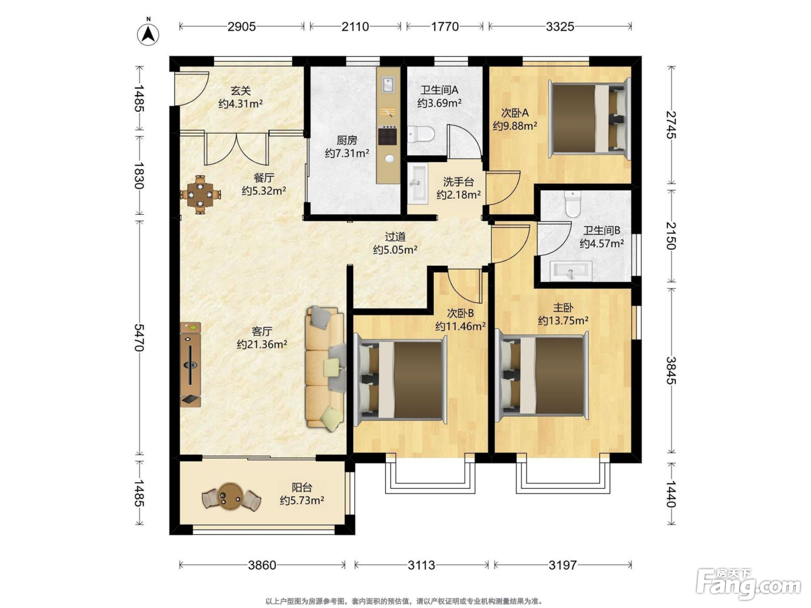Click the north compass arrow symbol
point(148,34)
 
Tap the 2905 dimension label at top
point(242,27)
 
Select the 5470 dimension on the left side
point(139,338)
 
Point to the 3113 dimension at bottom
point(421,565)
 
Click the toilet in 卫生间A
point(421,134)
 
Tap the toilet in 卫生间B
point(573,204)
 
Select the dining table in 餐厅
point(200,195)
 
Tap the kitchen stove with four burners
point(388,135)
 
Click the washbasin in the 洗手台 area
point(418,183)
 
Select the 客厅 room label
point(262,331)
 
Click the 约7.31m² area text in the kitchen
point(347,153)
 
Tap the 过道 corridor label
point(395,236)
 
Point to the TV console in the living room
point(191,364)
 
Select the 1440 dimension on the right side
point(671,493)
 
